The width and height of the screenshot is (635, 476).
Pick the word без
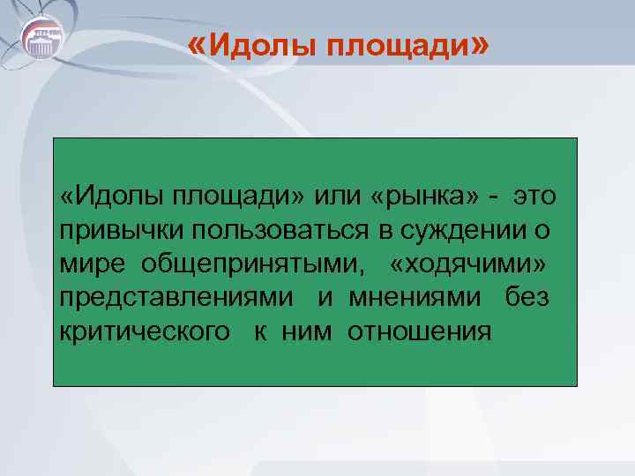point(527,297)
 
